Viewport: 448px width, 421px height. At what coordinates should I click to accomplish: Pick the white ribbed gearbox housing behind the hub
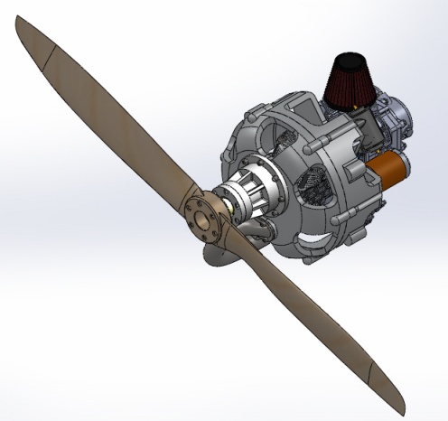point(260,195)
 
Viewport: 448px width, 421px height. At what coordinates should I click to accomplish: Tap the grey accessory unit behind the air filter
point(397,117)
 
